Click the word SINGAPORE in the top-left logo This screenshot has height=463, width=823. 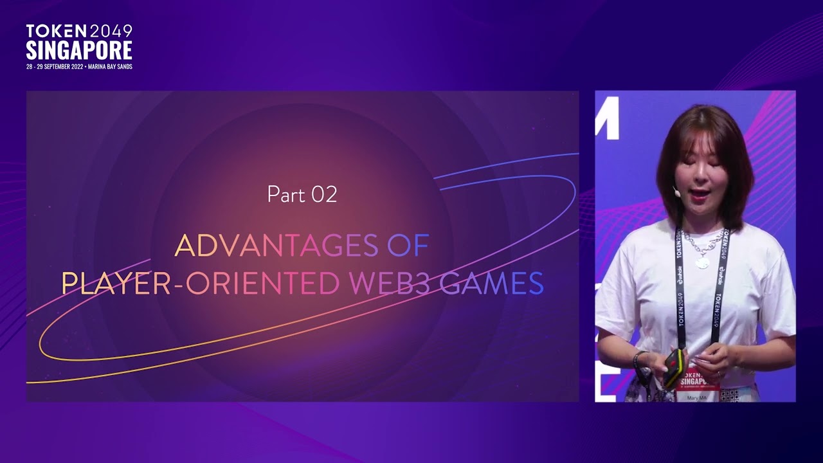point(79,51)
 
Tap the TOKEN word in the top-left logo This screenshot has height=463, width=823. point(56,30)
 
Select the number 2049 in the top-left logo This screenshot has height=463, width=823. point(111,31)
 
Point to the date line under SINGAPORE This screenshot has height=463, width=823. point(79,67)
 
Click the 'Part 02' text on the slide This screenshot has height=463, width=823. point(302,194)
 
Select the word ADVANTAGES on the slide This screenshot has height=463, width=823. point(276,246)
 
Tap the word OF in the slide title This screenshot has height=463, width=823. point(408,246)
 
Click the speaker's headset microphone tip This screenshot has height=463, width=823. point(676,191)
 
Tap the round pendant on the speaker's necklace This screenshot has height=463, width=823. point(702,262)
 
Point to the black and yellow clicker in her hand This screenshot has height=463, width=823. point(672,368)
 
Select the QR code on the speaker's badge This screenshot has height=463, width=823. point(729,395)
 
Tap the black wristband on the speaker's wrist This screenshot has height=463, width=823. point(638,358)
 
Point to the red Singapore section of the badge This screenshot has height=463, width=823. point(696,380)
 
